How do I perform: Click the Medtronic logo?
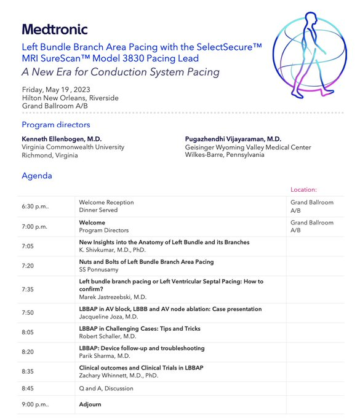click(55, 29)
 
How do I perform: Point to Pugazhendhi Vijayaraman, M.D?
click(233, 139)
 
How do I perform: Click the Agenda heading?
click(37, 176)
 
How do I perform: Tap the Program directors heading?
click(56, 125)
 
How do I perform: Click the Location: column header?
click(303, 190)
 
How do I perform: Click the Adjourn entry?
click(90, 404)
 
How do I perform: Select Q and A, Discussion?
click(106, 388)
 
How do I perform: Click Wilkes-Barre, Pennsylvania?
click(225, 155)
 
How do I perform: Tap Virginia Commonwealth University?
click(73, 147)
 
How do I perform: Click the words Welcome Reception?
click(106, 202)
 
